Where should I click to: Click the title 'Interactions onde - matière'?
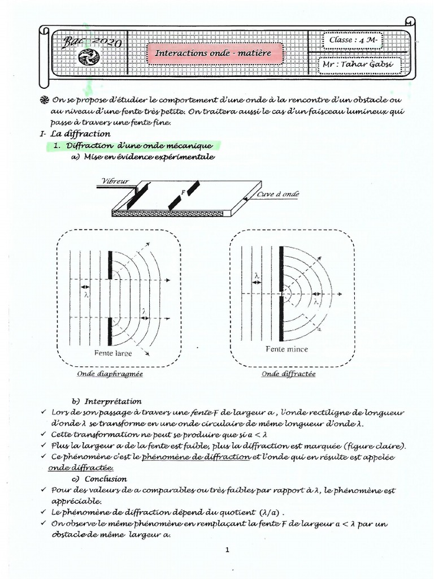click(213, 53)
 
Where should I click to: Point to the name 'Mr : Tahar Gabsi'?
click(357, 64)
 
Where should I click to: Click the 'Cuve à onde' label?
click(279, 193)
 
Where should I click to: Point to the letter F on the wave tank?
click(184, 192)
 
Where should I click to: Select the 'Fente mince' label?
click(287, 349)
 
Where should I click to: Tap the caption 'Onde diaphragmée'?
click(110, 374)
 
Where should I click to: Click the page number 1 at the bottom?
click(227, 549)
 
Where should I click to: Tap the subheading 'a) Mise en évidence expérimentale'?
click(142, 157)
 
